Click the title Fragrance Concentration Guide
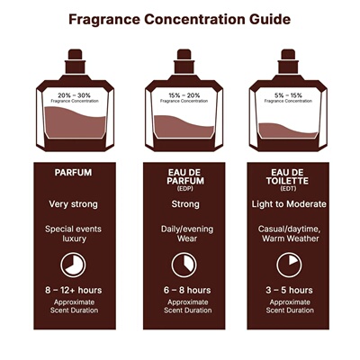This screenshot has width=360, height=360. (180, 17)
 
